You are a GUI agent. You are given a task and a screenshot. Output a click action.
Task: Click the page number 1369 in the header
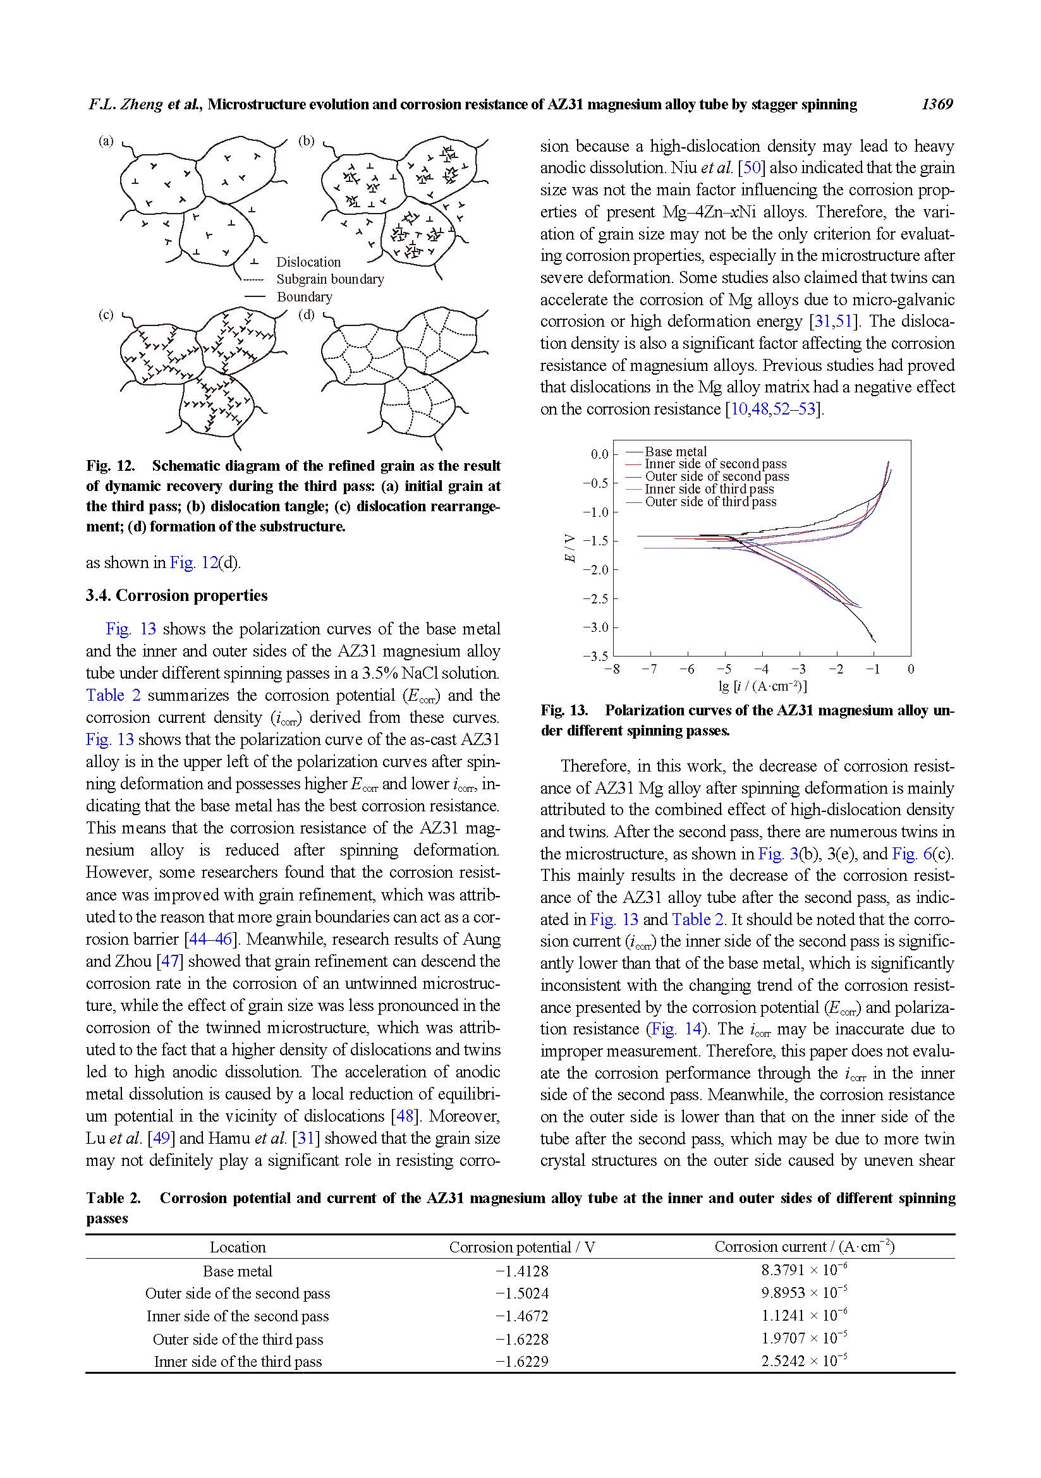[937, 104]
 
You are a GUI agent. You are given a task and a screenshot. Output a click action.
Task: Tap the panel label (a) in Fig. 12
[106, 141]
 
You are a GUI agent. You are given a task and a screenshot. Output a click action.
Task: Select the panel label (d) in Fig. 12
[307, 315]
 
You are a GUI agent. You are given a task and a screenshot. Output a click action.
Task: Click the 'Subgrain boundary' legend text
[329, 279]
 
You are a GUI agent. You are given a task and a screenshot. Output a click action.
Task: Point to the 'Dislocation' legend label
[308, 262]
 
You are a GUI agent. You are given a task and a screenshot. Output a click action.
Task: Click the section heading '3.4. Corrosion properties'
[176, 595]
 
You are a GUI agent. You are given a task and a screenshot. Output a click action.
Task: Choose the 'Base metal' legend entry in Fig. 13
[675, 452]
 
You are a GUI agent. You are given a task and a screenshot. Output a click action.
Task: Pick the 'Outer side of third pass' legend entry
[710, 502]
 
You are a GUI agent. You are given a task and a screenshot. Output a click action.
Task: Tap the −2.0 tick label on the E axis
[595, 571]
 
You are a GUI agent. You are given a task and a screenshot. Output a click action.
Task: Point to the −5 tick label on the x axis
[724, 669]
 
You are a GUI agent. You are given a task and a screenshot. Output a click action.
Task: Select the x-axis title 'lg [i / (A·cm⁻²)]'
[762, 686]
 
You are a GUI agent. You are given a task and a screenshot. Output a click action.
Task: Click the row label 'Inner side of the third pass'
[238, 1362]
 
